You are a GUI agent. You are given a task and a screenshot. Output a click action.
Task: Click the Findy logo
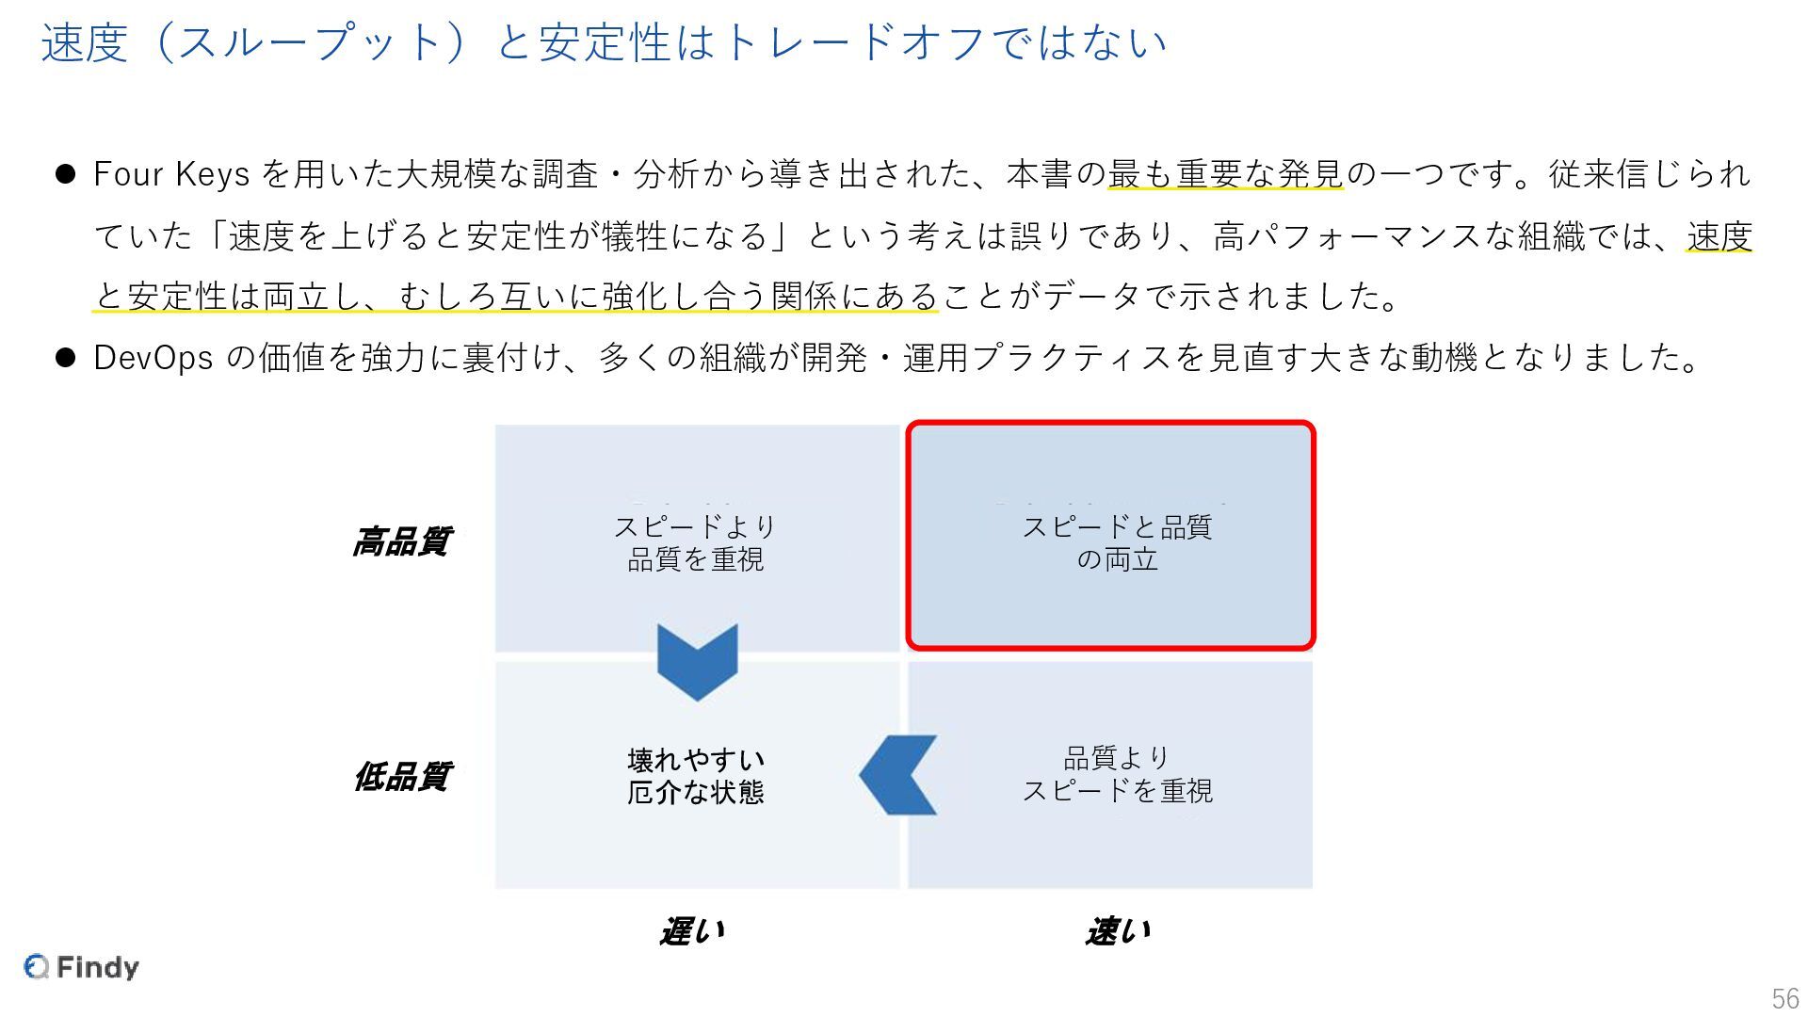[x=82, y=967]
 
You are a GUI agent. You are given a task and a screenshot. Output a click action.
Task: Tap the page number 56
[x=1784, y=998]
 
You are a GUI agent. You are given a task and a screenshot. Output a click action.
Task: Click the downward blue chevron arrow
[x=697, y=661]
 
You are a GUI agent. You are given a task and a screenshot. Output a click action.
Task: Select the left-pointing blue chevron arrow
[x=898, y=775]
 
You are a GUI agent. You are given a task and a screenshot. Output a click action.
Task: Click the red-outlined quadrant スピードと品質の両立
[x=1110, y=536]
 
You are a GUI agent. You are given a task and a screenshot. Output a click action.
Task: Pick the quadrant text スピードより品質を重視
[x=695, y=543]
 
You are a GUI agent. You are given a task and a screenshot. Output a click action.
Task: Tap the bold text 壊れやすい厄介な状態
[x=696, y=776]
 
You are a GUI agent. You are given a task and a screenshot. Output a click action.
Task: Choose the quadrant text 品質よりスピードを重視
[x=1117, y=774]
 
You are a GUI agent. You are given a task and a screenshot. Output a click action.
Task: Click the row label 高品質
[x=401, y=541]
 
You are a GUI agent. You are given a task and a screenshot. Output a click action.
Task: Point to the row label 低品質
[x=401, y=777]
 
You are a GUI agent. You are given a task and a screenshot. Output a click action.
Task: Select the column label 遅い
[x=692, y=931]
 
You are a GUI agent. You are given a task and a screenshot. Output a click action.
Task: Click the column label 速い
[x=1118, y=931]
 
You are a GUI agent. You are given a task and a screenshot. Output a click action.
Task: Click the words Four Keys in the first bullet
[x=171, y=175]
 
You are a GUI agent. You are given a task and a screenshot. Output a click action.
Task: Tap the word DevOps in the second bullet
[x=153, y=358]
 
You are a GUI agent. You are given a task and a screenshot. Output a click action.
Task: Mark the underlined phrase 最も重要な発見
[x=1225, y=175]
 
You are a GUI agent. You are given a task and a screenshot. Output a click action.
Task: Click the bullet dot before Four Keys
[x=65, y=175]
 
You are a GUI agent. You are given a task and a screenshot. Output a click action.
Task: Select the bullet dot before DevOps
[x=65, y=358]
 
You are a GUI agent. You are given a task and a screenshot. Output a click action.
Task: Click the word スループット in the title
[x=310, y=43]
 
